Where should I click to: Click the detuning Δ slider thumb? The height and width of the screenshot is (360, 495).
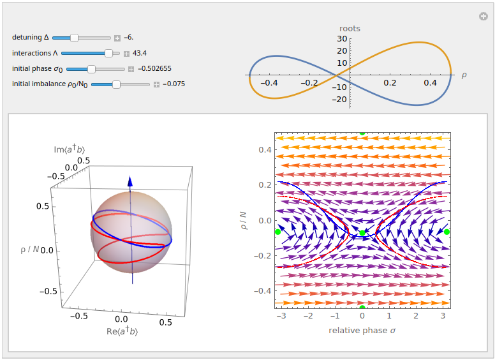(74, 38)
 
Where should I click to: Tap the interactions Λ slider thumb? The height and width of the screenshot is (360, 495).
(108, 54)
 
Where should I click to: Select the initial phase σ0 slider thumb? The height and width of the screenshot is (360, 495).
(91, 68)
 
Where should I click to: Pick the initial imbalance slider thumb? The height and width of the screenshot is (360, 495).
(116, 84)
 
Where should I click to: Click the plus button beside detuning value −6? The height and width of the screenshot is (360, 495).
(117, 39)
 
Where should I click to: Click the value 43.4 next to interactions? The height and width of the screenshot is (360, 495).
(140, 54)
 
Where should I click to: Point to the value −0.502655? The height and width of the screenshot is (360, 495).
(154, 69)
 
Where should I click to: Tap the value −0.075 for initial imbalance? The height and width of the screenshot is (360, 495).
(174, 84)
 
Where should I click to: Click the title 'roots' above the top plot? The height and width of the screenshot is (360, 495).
(349, 29)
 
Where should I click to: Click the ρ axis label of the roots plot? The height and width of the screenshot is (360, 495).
(464, 75)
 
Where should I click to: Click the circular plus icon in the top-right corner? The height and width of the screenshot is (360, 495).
(484, 17)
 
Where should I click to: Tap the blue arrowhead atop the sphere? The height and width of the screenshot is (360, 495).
(129, 181)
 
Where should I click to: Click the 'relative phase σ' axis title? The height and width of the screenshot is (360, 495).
(362, 330)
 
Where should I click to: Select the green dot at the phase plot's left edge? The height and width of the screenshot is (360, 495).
(277, 232)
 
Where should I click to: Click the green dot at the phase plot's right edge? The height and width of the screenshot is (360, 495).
(447, 232)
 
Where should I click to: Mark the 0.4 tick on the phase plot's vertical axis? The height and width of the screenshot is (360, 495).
(263, 150)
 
